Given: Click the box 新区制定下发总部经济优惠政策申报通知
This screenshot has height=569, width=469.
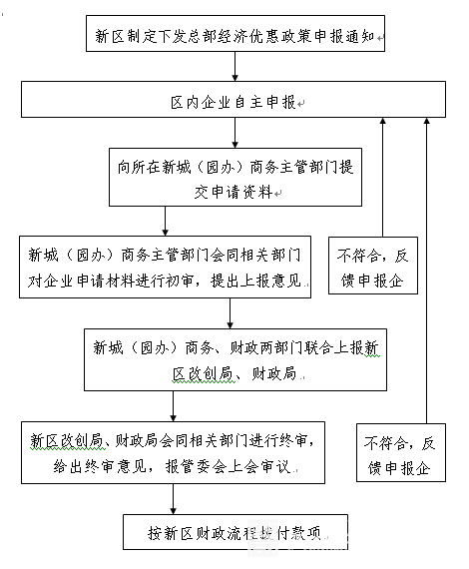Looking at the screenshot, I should [x=235, y=37].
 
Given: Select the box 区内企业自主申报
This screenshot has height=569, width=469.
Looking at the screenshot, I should [x=235, y=103].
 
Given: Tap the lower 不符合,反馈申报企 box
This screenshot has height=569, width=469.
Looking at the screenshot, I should [x=399, y=454].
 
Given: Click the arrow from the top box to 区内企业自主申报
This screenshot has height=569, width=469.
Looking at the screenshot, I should [x=235, y=67].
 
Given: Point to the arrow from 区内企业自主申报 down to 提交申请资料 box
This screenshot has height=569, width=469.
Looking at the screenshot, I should [x=235, y=134].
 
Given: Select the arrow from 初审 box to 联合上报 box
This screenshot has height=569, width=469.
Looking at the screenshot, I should [x=231, y=312].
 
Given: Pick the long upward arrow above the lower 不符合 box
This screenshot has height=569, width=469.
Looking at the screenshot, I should [x=427, y=270].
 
